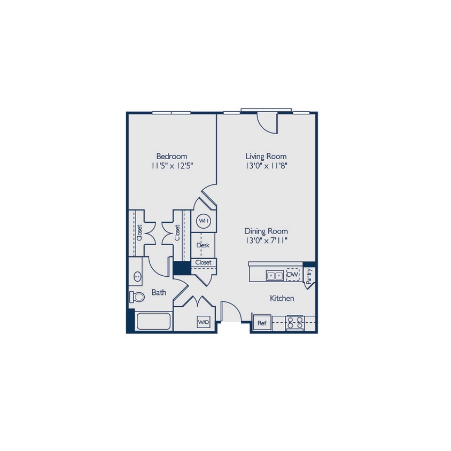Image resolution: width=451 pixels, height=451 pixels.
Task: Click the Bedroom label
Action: pyautogui.click(x=172, y=156)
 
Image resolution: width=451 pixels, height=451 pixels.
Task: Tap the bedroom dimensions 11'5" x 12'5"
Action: pyautogui.click(x=172, y=166)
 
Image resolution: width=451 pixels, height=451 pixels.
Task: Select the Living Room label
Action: pyautogui.click(x=266, y=156)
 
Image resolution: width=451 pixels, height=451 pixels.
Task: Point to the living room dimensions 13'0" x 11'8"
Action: pyautogui.click(x=266, y=166)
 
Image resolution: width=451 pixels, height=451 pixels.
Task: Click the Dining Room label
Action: pyautogui.click(x=266, y=231)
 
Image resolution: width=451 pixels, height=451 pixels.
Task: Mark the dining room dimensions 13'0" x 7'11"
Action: pyautogui.click(x=266, y=240)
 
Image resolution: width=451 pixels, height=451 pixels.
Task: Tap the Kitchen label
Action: pyautogui.click(x=282, y=298)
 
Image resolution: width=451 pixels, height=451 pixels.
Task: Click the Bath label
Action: pyautogui.click(x=159, y=292)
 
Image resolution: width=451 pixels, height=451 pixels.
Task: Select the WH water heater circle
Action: pyautogui.click(x=204, y=220)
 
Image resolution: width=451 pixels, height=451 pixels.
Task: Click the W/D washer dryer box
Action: pyautogui.click(x=204, y=322)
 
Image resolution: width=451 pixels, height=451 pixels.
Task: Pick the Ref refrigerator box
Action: pyautogui.click(x=262, y=323)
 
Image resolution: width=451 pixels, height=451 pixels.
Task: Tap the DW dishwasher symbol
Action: pyautogui.click(x=292, y=275)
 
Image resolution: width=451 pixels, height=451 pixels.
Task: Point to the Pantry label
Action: pyautogui.click(x=309, y=275)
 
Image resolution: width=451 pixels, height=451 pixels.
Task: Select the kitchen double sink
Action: pyautogui.click(x=275, y=275)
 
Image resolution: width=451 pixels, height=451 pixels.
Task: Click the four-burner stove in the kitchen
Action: pyautogui.click(x=295, y=323)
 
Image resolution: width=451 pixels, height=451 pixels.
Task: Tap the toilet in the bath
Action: pyautogui.click(x=137, y=297)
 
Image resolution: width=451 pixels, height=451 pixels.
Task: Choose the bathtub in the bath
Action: pyautogui.click(x=153, y=322)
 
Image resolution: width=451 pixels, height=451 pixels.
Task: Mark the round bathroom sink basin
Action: pyautogui.click(x=137, y=276)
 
